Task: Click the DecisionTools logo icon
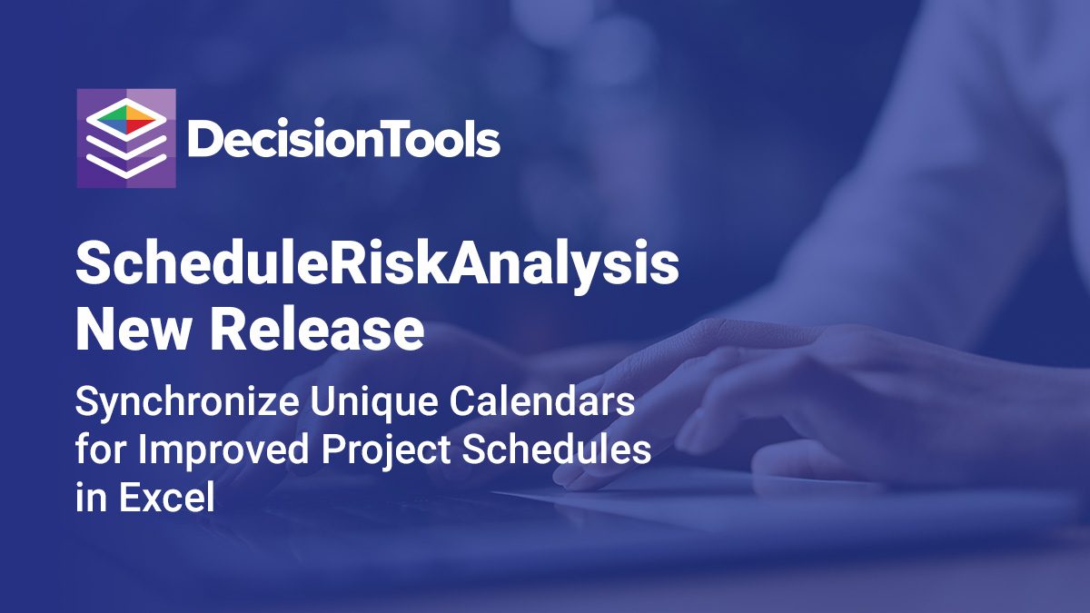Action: [126, 138]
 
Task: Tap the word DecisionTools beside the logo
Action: [343, 138]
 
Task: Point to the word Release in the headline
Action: [317, 330]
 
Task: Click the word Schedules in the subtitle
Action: [557, 449]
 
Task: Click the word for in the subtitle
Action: [101, 449]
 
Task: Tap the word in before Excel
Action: [91, 498]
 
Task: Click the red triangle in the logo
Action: [140, 126]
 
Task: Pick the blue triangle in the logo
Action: [113, 125]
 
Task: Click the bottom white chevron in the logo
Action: [126, 165]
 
